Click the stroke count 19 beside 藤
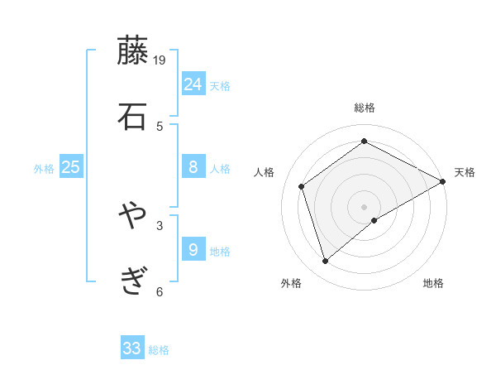click(160, 60)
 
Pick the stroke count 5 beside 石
click(160, 126)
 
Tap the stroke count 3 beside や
click(160, 224)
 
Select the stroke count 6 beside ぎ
click(160, 291)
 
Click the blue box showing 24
click(193, 84)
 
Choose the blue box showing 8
click(193, 167)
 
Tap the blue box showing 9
click(193, 249)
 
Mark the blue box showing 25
click(71, 167)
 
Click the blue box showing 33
click(132, 348)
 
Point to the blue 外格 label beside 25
click(44, 169)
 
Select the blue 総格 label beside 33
click(159, 350)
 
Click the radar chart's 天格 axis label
click(465, 172)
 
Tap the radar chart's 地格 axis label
click(433, 284)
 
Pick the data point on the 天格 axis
click(443, 181)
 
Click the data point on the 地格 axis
click(374, 220)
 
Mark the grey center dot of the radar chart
click(364, 206)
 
